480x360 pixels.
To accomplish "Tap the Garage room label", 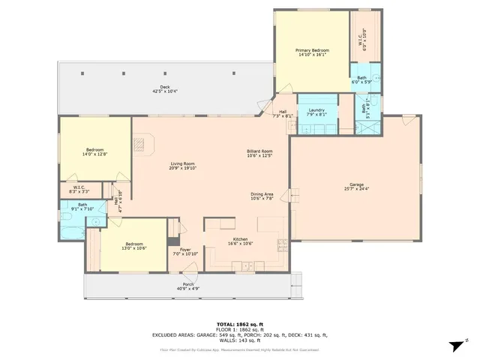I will click(x=355, y=184).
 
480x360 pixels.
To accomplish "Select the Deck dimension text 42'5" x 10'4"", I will click(x=164, y=91).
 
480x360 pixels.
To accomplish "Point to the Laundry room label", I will click(x=316, y=110).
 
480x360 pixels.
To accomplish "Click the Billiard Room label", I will click(x=259, y=151).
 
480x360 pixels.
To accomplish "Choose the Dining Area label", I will click(x=262, y=194).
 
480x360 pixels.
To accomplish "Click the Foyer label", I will click(x=185, y=250).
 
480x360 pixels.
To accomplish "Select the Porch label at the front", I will click(x=188, y=284).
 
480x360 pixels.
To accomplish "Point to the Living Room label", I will click(x=182, y=163).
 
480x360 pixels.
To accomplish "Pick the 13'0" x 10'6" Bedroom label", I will click(x=134, y=244).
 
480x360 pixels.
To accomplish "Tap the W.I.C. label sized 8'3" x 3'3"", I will click(x=79, y=187).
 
